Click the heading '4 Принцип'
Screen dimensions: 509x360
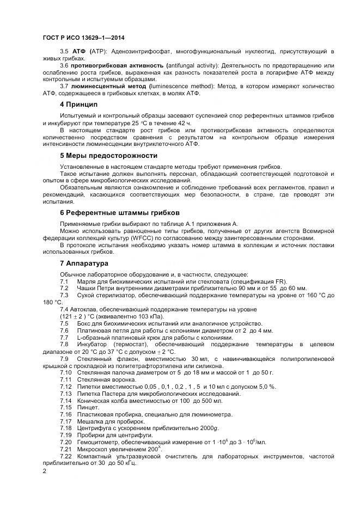(x=78, y=104)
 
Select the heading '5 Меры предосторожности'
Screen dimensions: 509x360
(x=104, y=156)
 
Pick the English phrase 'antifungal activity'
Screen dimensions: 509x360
(x=186, y=65)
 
